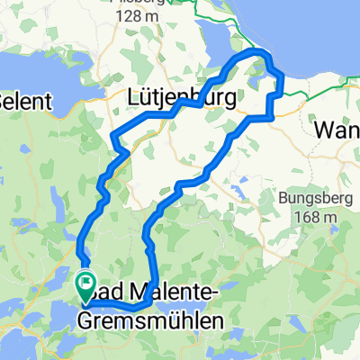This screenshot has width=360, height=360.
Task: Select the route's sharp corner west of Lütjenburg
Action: (112, 137)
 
